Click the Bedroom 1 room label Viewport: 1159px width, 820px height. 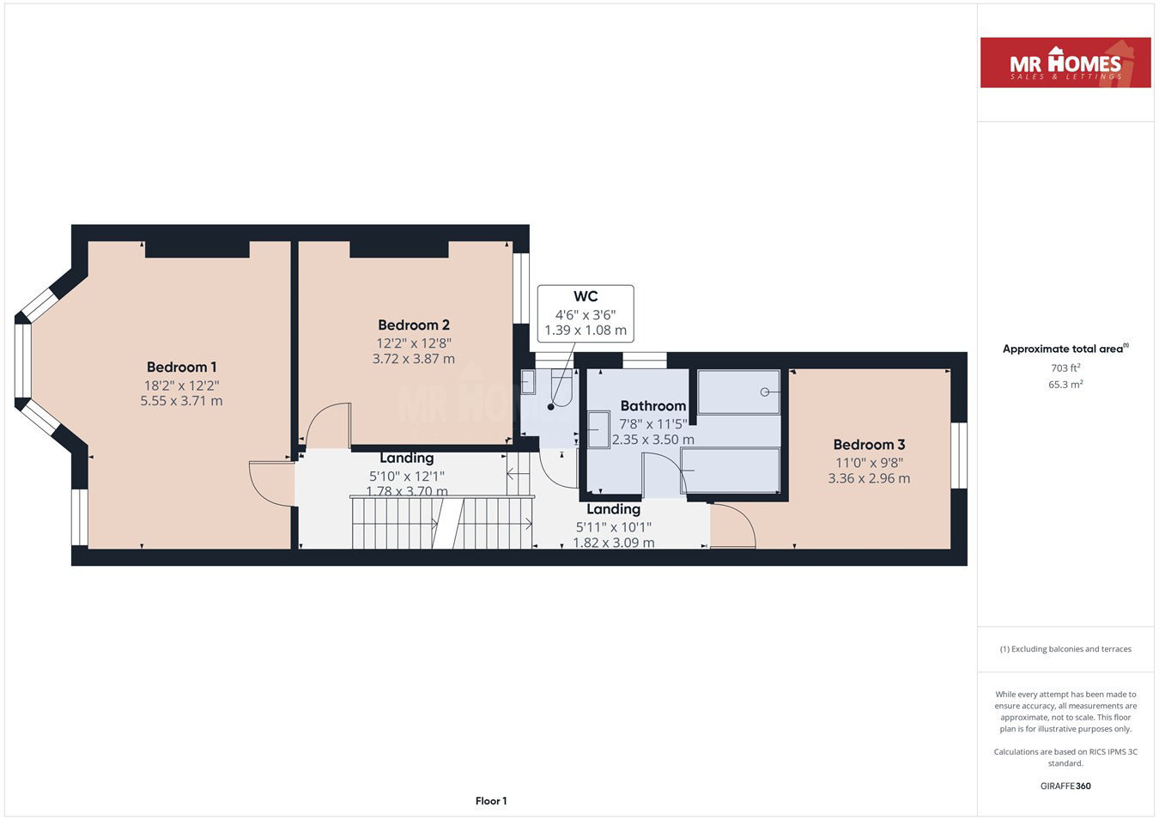181,367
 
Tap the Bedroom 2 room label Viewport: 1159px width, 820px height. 414,325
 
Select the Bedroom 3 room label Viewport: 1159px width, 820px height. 869,445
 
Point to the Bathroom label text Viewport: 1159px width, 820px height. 653,405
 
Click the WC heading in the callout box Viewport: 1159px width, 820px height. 586,296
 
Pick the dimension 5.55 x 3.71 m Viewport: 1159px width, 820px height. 181,401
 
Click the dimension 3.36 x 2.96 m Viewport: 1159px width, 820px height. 869,478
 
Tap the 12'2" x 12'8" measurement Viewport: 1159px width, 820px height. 414,343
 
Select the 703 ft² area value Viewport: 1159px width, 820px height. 1065,367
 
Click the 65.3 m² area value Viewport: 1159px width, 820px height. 1065,385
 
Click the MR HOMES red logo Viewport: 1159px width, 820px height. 1065,63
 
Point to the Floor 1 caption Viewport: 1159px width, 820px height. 491,801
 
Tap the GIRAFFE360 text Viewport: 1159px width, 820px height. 1065,786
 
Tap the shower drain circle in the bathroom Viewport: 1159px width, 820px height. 765,392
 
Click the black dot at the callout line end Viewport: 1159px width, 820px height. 550,407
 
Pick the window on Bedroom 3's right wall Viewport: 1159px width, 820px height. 959,455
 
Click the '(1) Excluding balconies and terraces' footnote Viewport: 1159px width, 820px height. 1065,649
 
